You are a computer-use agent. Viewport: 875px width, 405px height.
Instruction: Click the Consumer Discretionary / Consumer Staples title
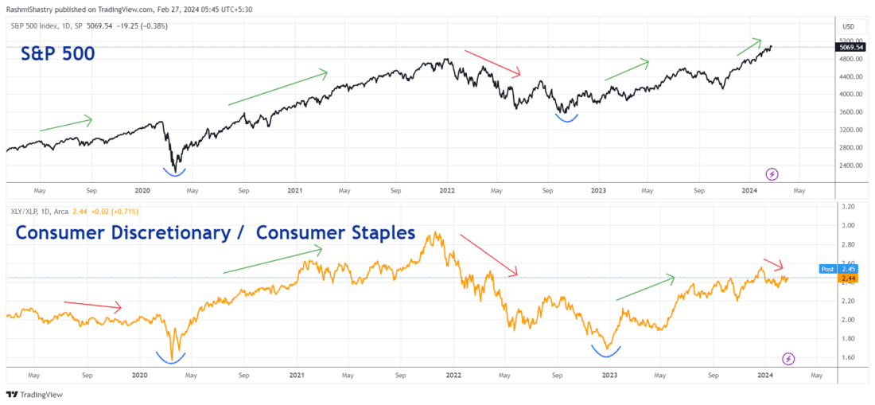tap(215, 233)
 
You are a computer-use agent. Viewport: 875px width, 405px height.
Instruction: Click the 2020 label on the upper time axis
tap(142, 191)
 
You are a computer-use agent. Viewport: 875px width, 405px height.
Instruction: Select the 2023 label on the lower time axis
tap(609, 374)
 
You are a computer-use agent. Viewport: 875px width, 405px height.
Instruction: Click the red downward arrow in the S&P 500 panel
tap(492, 63)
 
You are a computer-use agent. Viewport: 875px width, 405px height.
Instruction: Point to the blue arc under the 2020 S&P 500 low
tap(174, 170)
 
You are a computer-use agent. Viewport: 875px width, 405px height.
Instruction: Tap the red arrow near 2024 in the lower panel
tap(772, 263)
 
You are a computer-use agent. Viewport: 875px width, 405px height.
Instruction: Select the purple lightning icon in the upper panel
tap(771, 173)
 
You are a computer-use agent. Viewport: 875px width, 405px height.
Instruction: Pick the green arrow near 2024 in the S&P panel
tap(749, 47)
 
